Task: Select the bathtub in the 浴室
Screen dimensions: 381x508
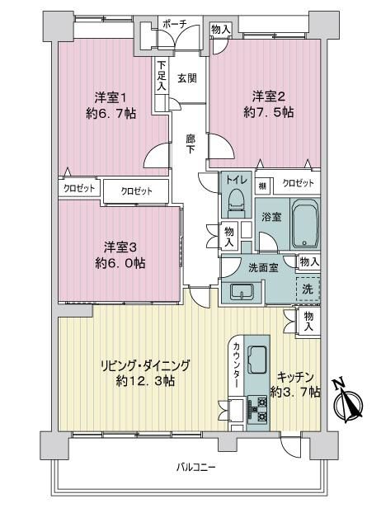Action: click(305, 223)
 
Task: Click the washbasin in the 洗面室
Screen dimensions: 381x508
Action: click(242, 292)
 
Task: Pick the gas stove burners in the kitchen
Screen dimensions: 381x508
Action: click(258, 409)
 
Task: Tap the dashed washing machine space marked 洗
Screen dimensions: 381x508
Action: click(308, 289)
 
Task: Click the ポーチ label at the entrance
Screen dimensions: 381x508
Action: click(175, 23)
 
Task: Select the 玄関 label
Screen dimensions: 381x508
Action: click(187, 78)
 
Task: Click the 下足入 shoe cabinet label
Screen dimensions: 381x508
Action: click(162, 76)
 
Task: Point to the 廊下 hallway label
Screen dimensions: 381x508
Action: click(190, 143)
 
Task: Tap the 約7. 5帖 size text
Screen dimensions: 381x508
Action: click(269, 112)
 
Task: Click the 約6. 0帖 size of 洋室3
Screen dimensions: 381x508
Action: click(120, 263)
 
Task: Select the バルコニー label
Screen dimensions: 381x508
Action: click(196, 468)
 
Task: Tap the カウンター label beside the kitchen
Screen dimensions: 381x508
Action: click(236, 365)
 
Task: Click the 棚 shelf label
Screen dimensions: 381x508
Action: click(262, 186)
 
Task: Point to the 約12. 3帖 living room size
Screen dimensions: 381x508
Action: click(145, 381)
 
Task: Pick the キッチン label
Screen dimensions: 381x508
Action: click(295, 377)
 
